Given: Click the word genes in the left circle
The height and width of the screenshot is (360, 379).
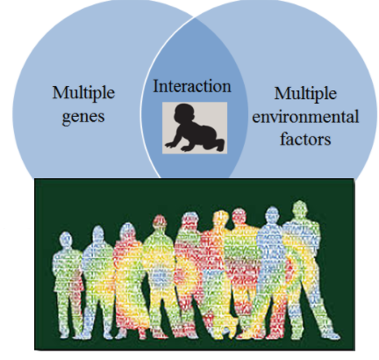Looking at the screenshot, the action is (83, 117).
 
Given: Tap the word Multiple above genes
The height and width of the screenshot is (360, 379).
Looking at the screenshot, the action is (83, 93).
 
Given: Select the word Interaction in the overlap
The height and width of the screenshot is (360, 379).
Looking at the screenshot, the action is (192, 86).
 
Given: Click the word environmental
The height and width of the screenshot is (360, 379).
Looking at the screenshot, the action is (305, 117).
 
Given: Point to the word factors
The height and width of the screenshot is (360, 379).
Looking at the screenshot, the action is (305, 139).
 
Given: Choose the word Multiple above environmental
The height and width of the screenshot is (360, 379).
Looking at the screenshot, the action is (305, 94).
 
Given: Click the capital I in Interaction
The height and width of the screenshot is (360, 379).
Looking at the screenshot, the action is (156, 86).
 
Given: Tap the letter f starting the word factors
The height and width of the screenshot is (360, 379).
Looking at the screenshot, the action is (283, 139).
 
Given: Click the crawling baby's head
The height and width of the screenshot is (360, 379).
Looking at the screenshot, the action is (184, 114).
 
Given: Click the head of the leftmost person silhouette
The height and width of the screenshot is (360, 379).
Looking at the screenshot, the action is (66, 241).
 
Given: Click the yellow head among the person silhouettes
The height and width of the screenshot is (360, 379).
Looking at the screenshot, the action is (220, 219).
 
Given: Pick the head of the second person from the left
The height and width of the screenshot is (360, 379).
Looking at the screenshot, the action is (98, 234).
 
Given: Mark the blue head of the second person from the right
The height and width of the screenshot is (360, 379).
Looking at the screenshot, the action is (273, 215).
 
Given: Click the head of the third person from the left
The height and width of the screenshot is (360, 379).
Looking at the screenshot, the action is (128, 232).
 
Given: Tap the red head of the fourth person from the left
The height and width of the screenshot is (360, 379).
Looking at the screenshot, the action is (160, 222).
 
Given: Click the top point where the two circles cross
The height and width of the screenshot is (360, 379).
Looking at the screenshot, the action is (194, 18).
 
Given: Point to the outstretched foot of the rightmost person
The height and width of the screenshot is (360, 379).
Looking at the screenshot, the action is (333, 335).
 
